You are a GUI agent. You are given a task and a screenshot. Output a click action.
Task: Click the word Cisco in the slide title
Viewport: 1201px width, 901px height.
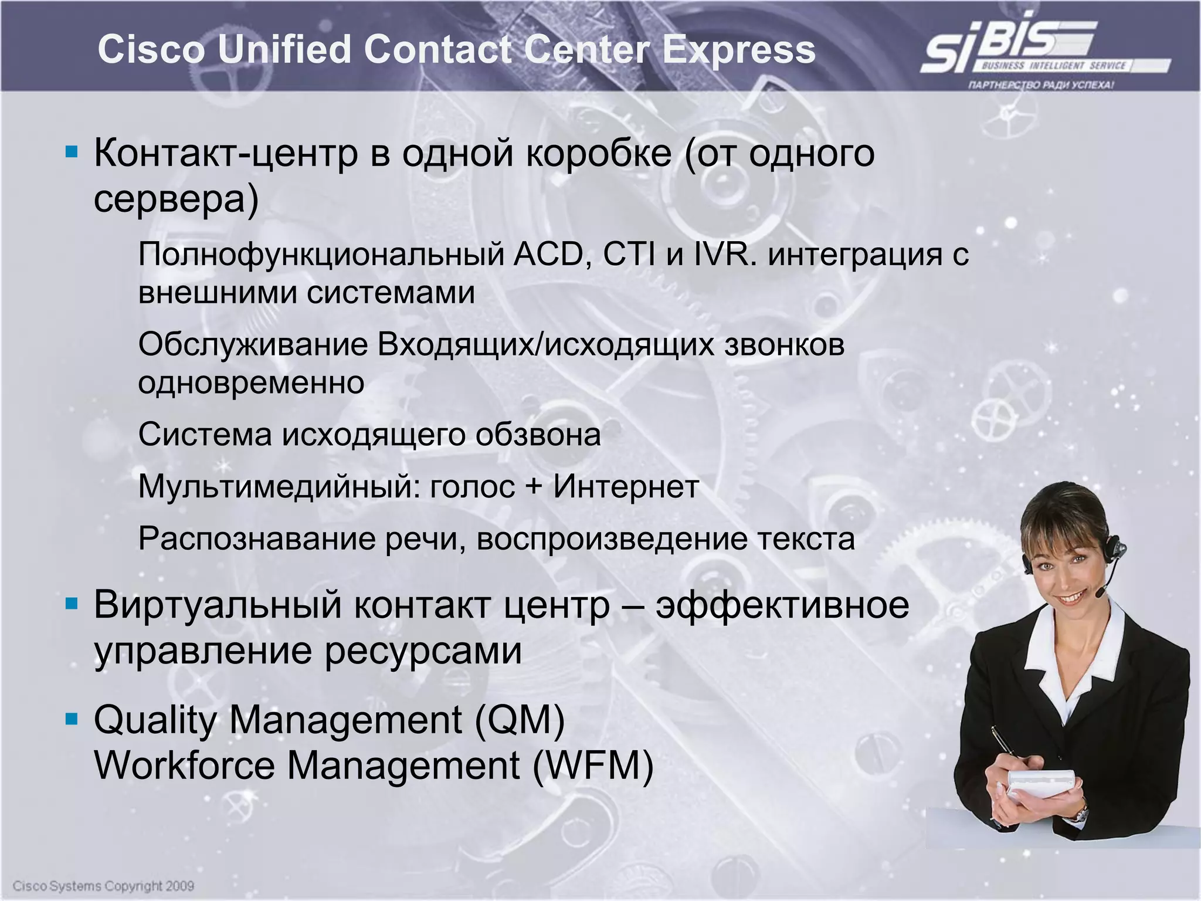[151, 49]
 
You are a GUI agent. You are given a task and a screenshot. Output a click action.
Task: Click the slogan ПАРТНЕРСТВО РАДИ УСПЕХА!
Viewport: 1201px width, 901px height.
[1041, 85]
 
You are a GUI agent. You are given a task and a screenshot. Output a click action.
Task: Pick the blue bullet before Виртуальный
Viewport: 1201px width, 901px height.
[72, 604]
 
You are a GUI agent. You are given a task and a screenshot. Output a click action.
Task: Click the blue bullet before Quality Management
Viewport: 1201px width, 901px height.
[72, 719]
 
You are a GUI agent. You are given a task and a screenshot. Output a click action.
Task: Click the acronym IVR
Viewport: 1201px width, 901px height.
[725, 255]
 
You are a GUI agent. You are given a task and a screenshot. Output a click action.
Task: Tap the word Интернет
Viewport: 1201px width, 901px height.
[626, 486]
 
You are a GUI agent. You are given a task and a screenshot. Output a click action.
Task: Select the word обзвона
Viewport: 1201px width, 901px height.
[538, 435]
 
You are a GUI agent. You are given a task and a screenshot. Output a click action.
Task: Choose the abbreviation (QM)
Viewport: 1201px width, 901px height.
[520, 720]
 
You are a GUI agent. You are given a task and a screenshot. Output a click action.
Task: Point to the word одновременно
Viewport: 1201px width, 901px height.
[251, 383]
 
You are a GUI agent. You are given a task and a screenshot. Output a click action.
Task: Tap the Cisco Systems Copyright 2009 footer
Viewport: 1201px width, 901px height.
[103, 885]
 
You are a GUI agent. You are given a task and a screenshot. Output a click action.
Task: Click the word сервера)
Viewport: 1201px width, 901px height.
[176, 199]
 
